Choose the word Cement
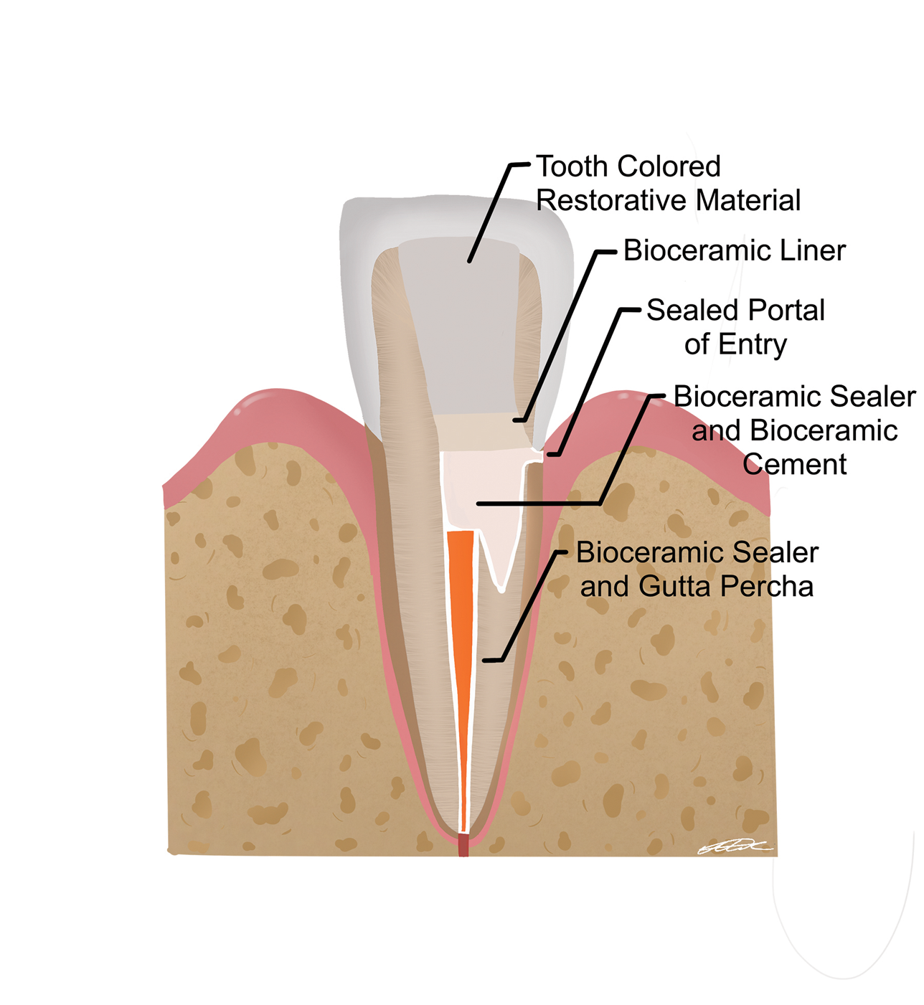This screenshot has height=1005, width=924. (x=794, y=465)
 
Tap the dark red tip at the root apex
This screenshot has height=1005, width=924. (x=463, y=845)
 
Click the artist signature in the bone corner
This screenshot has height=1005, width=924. (x=733, y=848)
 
